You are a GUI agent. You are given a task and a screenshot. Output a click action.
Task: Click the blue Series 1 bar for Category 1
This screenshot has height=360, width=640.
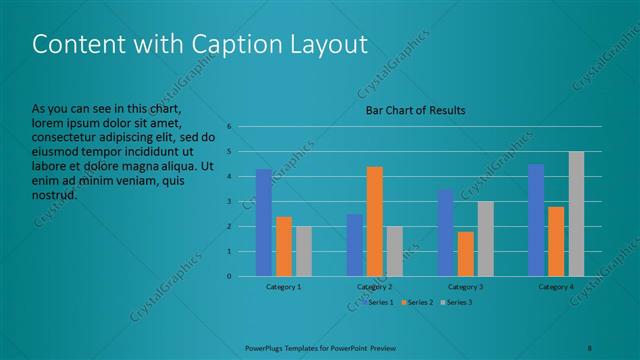[x=264, y=222]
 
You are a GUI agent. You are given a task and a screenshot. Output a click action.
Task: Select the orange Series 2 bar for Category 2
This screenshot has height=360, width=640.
[x=375, y=221]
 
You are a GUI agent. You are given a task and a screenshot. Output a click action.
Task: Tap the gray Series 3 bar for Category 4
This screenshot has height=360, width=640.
[x=576, y=214]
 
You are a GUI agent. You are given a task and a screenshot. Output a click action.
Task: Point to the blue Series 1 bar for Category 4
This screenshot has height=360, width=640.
[x=536, y=220]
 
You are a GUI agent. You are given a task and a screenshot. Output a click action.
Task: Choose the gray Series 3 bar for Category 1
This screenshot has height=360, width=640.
[x=303, y=251]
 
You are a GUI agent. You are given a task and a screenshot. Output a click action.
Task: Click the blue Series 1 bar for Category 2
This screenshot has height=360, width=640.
[x=355, y=245]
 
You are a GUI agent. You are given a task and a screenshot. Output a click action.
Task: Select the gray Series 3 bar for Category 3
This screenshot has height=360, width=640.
[x=486, y=238]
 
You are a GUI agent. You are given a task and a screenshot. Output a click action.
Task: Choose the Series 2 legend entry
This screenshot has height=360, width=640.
[x=418, y=301]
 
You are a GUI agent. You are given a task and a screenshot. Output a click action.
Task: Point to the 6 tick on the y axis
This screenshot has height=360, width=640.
[x=230, y=127]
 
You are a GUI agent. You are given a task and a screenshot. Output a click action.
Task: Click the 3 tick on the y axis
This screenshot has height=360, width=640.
[x=230, y=202]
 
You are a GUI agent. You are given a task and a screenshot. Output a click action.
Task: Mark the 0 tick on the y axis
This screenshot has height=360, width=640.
[x=230, y=276]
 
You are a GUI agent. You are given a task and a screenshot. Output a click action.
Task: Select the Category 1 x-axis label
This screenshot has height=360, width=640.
[x=284, y=287]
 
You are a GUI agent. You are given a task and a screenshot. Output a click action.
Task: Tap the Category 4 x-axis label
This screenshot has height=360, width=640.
[x=556, y=287]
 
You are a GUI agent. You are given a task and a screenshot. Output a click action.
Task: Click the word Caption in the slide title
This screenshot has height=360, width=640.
[x=226, y=45]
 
